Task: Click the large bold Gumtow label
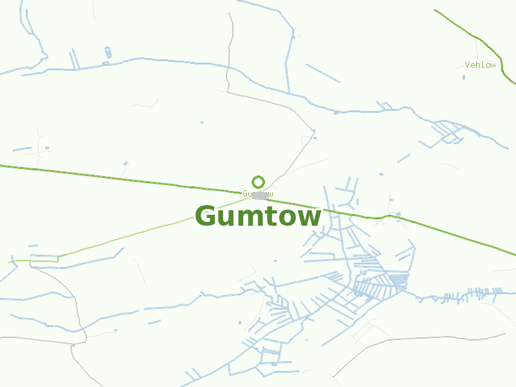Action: (x=258, y=217)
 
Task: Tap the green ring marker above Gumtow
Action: (x=258, y=182)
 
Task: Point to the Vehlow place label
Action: (x=481, y=64)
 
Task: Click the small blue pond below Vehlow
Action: (x=463, y=77)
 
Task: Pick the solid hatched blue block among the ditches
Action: (x=399, y=279)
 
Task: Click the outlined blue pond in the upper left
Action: (x=108, y=52)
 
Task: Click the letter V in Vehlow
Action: (x=467, y=64)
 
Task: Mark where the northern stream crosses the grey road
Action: (x=228, y=66)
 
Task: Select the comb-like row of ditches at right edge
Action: (x=477, y=293)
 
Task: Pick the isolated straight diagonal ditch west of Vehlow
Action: (x=322, y=73)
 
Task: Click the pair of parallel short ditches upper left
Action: (x=74, y=59)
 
